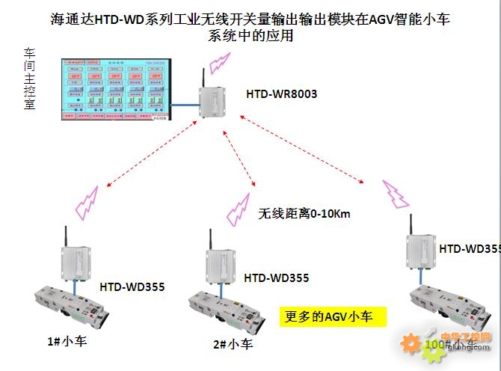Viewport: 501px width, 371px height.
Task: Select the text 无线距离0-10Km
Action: (x=304, y=214)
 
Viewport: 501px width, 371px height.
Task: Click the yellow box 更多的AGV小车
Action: (x=333, y=316)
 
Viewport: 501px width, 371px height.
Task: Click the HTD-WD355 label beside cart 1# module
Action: (x=132, y=286)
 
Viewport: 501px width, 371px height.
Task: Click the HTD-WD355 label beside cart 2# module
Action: (x=276, y=278)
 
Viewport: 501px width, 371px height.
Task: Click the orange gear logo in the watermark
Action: (x=411, y=343)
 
